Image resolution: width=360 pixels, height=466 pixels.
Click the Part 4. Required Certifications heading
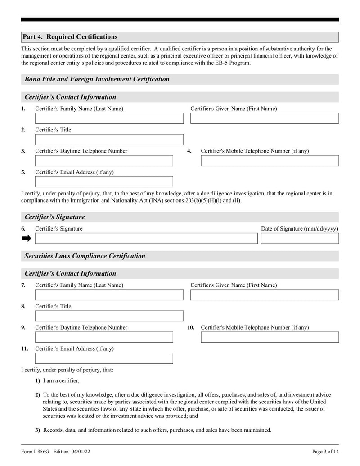coord(70,37)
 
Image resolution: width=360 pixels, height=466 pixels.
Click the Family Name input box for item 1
coord(109,118)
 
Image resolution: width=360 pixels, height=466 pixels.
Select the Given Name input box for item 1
coord(264,118)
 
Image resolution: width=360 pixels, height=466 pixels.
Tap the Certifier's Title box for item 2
coord(109,140)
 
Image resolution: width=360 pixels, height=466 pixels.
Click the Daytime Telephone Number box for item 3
coord(104,161)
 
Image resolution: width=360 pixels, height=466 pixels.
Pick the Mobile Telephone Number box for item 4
coord(270,161)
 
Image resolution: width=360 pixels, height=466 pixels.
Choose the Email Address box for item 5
coord(104,182)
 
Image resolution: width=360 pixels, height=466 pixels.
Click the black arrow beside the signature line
coord(27,238)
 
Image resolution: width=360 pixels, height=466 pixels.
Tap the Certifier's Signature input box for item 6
coord(146,238)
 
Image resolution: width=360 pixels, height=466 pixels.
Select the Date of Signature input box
coord(300,238)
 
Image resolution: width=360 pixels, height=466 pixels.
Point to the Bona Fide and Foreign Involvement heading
coord(97,79)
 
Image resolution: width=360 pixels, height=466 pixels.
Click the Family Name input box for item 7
coord(109,295)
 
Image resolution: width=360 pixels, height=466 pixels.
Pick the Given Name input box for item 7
coord(264,295)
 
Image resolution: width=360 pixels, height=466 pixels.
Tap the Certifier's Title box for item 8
coord(109,316)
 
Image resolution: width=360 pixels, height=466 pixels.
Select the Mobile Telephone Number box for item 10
coord(270,337)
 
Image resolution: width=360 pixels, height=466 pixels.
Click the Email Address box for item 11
coord(104,358)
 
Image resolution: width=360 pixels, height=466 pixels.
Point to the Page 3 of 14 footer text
coord(325,452)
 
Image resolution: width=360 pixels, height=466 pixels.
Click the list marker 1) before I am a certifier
coord(38,381)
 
